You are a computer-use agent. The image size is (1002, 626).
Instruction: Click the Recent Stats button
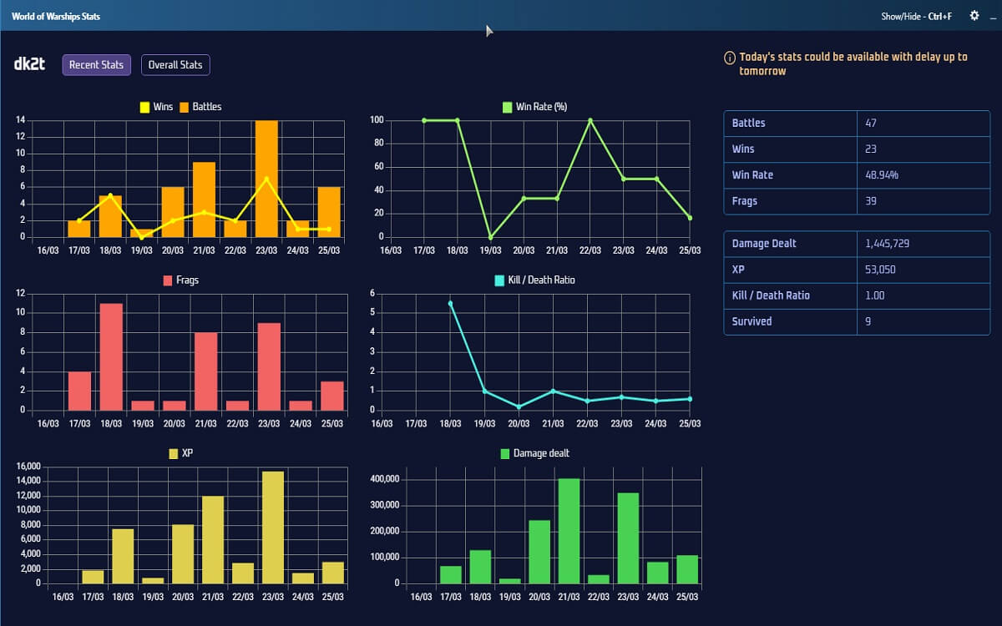click(x=96, y=65)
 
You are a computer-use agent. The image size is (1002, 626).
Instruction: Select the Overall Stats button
click(x=175, y=65)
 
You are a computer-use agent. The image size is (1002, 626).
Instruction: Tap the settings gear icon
click(x=974, y=16)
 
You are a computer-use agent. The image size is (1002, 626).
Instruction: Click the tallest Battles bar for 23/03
click(x=267, y=179)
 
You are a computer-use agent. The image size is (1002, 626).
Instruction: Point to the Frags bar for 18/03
click(x=111, y=356)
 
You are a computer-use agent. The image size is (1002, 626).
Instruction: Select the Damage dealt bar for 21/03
click(x=569, y=531)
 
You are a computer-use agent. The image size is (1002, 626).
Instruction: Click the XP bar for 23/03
click(x=273, y=528)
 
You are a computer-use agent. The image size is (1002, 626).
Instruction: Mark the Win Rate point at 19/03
click(x=490, y=237)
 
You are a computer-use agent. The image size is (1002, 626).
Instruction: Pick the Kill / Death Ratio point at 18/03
click(x=451, y=303)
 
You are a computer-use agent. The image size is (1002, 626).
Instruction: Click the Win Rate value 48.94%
click(x=883, y=175)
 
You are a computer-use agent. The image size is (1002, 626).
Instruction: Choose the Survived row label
click(x=751, y=321)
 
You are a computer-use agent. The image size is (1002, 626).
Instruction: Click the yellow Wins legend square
click(x=144, y=107)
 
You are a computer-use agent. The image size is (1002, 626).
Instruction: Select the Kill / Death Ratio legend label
click(x=541, y=280)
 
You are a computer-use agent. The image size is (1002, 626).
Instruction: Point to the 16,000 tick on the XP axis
click(x=29, y=467)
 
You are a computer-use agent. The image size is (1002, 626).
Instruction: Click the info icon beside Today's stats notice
click(x=731, y=58)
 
